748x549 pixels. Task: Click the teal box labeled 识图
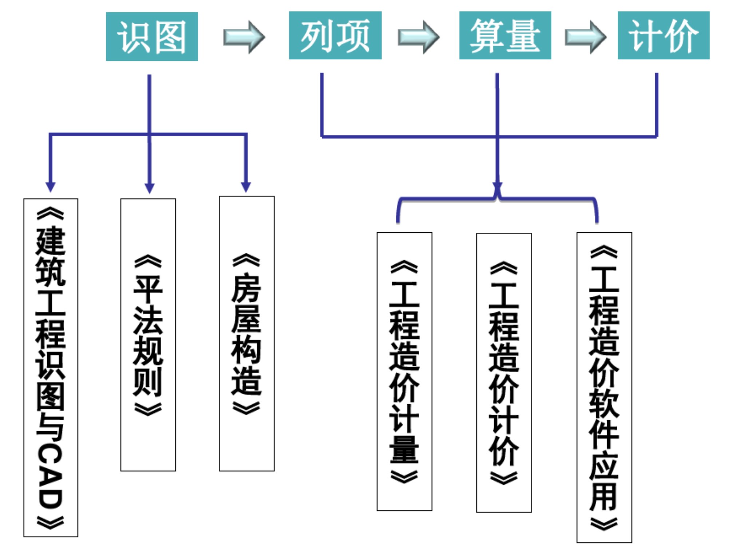click(x=152, y=36)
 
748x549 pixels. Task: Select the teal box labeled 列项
click(x=335, y=35)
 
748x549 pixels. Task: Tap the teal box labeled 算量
click(x=505, y=35)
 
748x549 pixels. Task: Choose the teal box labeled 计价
click(x=663, y=35)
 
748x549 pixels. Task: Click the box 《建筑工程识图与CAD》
click(x=51, y=367)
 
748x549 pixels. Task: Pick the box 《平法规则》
click(x=148, y=334)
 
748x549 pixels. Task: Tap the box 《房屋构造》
click(x=247, y=333)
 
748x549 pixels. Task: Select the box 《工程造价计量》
click(x=404, y=371)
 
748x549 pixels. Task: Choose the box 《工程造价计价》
click(x=504, y=373)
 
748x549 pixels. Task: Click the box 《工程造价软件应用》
click(x=604, y=387)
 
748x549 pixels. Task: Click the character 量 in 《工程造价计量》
click(x=404, y=450)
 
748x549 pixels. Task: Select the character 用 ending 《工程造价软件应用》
click(x=604, y=496)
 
